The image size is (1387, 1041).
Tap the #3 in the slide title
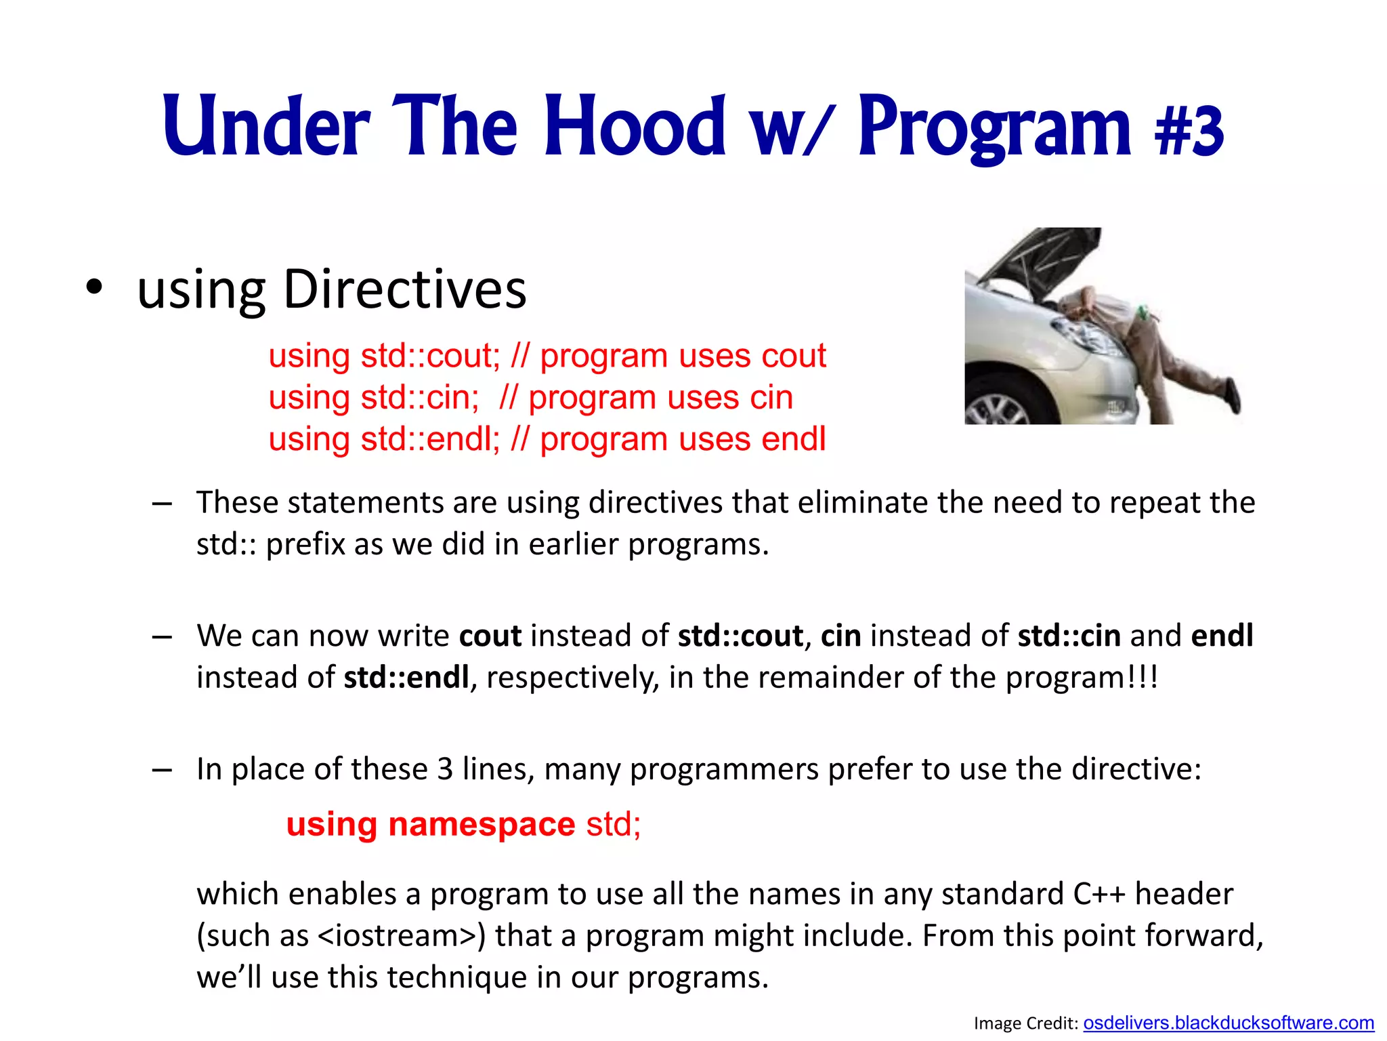point(1189,130)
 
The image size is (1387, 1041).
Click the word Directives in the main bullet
point(404,289)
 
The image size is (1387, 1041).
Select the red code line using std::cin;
point(374,397)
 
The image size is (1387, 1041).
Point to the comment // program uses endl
point(668,439)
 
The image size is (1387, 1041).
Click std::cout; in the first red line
point(430,356)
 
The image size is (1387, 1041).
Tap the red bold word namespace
point(482,825)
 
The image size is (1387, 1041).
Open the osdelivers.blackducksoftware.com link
point(1228,1023)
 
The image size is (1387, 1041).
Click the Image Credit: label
point(1025,1023)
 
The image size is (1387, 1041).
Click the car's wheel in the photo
point(996,409)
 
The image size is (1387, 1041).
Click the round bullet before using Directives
point(94,287)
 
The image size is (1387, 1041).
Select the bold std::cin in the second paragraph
point(1069,636)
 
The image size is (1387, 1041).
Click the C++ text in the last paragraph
point(1099,895)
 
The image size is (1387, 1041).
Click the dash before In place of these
point(162,770)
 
